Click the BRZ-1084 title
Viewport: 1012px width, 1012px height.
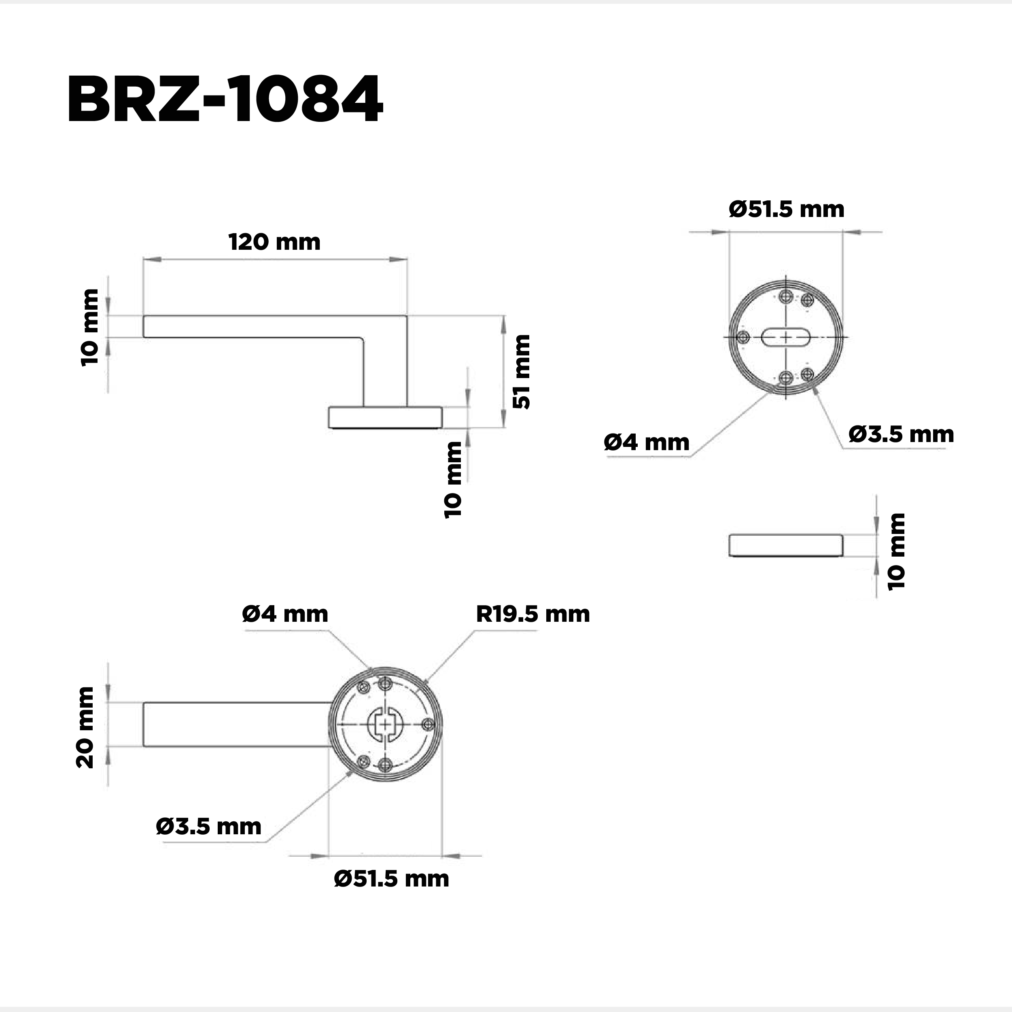tap(225, 100)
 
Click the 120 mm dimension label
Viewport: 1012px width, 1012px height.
tap(274, 242)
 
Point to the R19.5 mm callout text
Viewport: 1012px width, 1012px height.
tap(533, 614)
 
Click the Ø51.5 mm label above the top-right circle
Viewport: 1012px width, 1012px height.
tap(786, 209)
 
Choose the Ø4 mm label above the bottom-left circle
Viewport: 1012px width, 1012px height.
tap(285, 614)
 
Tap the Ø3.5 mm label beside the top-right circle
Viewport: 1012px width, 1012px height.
tap(901, 434)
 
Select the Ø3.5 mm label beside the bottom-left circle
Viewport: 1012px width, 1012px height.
tap(208, 827)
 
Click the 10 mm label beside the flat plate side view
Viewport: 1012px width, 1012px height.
tap(896, 552)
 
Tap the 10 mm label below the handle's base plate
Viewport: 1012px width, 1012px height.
tap(453, 480)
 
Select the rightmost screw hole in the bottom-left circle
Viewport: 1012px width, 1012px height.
tap(427, 724)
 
